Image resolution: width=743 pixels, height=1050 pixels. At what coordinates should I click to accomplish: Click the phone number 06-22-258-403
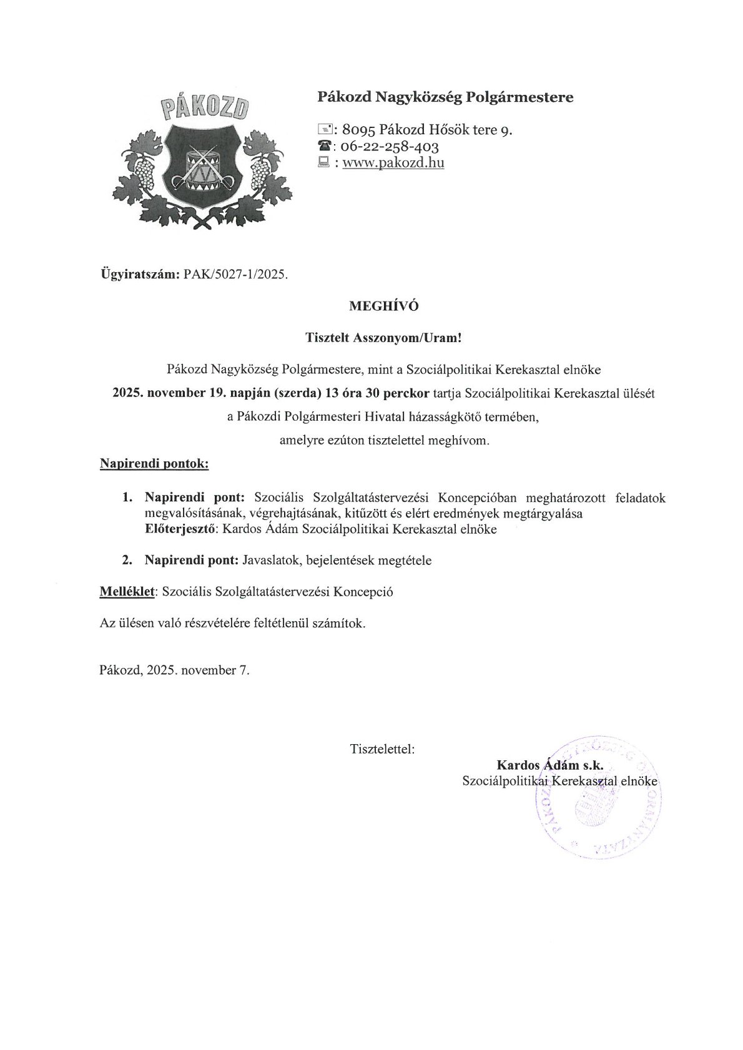(391, 147)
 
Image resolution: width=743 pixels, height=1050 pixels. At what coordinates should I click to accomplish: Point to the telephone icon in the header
(324, 147)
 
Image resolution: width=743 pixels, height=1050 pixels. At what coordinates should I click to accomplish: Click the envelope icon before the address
(325, 130)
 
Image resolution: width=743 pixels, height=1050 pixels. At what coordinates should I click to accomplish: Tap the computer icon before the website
(324, 163)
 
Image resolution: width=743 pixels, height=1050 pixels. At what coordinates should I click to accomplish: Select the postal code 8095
(358, 130)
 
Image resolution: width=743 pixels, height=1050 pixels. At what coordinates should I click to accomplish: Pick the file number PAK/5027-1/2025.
(237, 274)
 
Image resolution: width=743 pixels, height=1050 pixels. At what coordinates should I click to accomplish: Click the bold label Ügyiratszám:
(140, 274)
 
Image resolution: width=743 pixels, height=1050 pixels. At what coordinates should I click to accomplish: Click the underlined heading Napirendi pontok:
(154, 464)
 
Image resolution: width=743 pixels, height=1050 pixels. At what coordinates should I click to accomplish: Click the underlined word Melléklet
(127, 592)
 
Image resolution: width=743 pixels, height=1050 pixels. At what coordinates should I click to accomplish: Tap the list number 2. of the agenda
(127, 561)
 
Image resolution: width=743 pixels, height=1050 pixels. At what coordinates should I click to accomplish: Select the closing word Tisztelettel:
(383, 748)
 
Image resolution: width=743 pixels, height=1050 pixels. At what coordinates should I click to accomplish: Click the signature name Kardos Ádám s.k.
(549, 765)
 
